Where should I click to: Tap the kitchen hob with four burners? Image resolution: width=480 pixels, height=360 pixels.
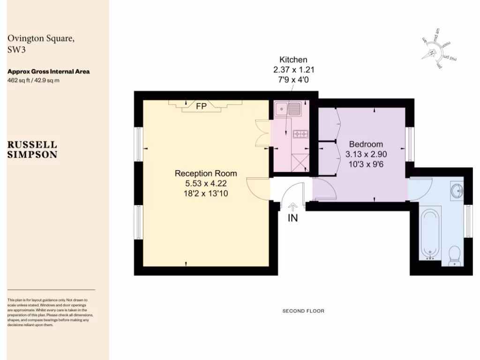pos(300,134)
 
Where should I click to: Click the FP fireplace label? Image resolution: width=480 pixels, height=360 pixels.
pos(201,106)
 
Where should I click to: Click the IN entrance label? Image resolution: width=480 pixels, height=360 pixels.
pos(293,218)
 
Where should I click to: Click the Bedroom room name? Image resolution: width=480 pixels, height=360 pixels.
pos(366,144)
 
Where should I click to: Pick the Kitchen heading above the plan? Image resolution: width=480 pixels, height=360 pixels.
pos(293,60)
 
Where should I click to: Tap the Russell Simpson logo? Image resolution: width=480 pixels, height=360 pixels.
pos(32,149)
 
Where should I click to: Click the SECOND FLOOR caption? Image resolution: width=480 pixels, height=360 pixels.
pos(303,311)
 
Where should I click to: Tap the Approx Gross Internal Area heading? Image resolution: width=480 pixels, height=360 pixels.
pos(48,72)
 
